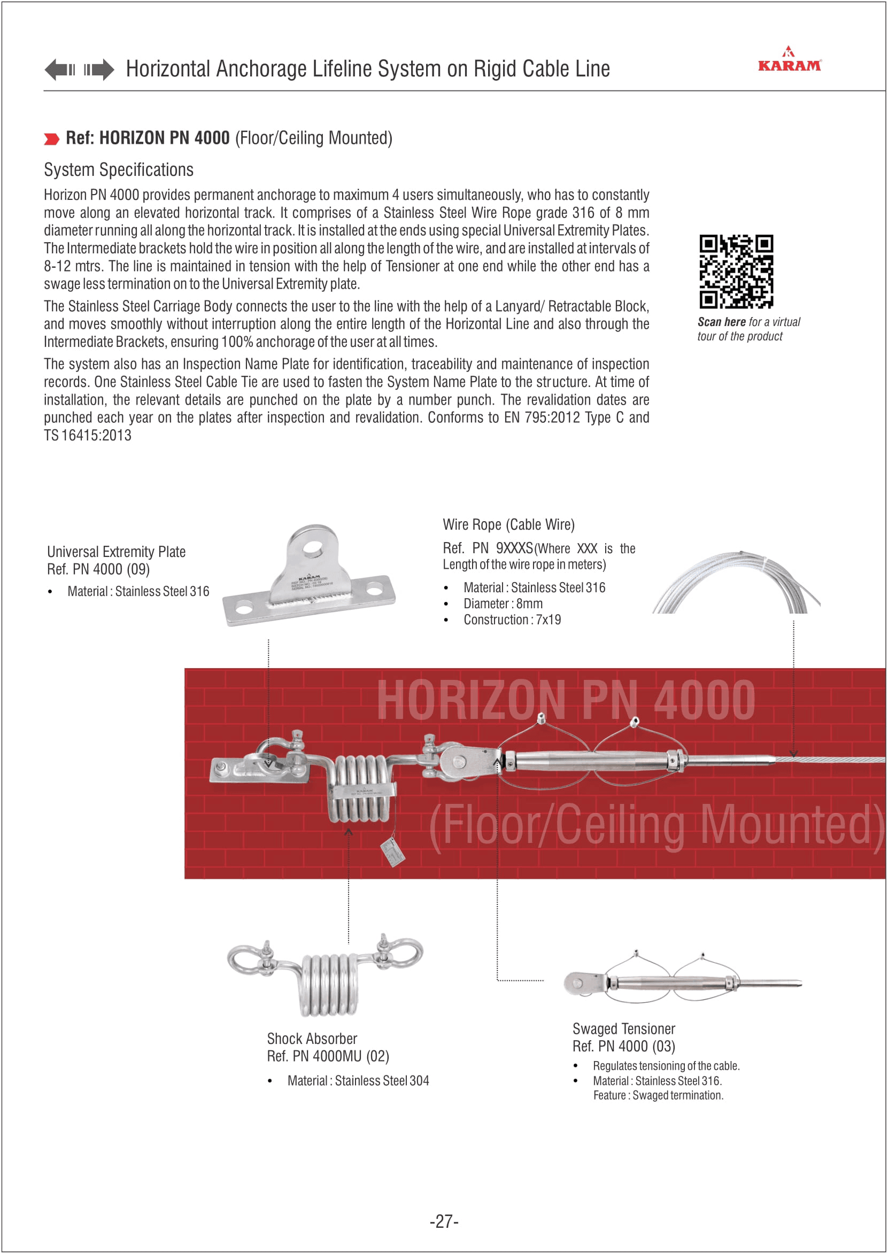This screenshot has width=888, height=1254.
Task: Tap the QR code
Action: coord(736,272)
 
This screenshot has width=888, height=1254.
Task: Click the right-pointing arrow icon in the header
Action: coord(99,70)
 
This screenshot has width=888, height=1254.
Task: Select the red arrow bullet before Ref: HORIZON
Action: coord(51,139)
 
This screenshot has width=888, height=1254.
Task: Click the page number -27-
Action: coord(444,1221)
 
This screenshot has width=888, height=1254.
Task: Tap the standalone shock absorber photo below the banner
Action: coord(326,974)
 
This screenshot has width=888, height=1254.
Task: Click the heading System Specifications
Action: coord(119,170)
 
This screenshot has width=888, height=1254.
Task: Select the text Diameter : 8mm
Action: coord(503,604)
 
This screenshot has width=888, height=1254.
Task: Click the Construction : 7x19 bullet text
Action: coord(512,620)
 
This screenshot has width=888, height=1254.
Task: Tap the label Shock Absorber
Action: coord(312,1039)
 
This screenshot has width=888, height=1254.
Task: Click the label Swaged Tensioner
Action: coord(623,1029)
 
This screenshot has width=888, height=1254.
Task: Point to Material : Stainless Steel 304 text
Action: coord(358,1081)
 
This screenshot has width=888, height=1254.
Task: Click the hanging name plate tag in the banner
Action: coord(392,852)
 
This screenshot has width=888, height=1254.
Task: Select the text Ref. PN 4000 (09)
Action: coord(98,570)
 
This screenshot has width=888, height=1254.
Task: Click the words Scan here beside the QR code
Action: coord(721,322)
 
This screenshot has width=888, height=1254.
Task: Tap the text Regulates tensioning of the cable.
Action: coord(666,1066)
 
